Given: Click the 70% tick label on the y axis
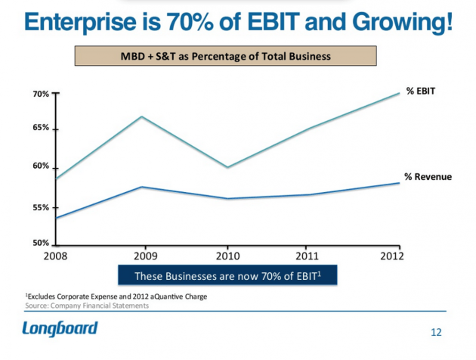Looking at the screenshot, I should (x=41, y=95).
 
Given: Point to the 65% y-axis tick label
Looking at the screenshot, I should (x=41, y=129).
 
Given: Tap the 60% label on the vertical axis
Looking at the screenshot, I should (x=41, y=166).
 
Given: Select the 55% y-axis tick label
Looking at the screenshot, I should (x=41, y=207).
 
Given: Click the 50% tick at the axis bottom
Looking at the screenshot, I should (x=41, y=244).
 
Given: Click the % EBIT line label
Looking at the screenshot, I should (x=421, y=92).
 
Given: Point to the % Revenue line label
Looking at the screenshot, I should (x=428, y=177).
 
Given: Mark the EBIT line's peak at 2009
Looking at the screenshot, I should (x=143, y=116).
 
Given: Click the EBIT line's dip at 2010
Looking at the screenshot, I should (x=228, y=167).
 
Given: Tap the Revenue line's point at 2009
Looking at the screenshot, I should (x=143, y=187).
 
